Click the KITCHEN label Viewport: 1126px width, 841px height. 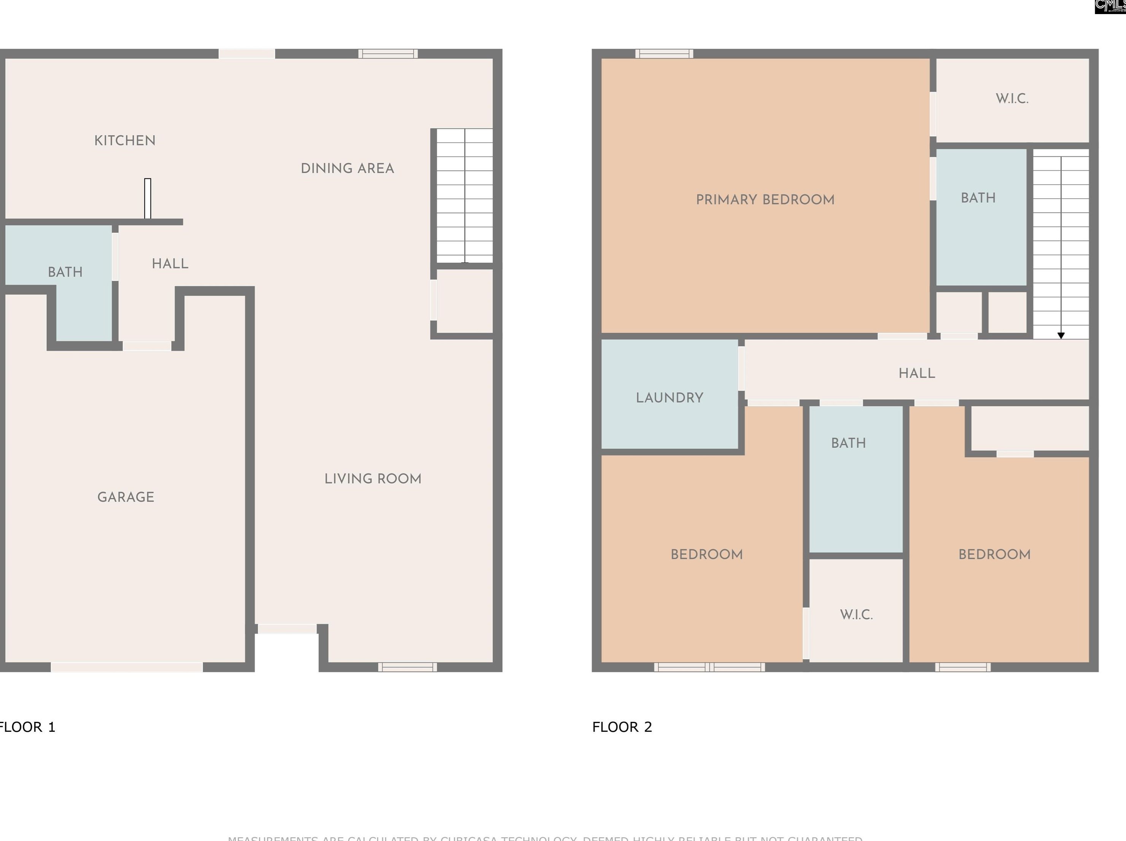pos(125,140)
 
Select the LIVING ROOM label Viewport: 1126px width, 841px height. pos(372,479)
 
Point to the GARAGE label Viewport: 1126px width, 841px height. pos(126,497)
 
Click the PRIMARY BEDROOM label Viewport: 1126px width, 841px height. pos(765,199)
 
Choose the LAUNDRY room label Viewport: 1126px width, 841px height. pos(669,398)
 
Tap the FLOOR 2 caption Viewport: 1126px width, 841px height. pos(622,726)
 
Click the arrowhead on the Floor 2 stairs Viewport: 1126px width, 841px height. pos(1061,336)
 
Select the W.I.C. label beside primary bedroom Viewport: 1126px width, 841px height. pos(1011,98)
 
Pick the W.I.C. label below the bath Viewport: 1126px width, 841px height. pos(856,615)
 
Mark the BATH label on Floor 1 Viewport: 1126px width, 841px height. pos(65,272)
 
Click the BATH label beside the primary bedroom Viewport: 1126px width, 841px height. pos(978,198)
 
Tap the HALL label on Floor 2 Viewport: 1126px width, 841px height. pos(916,373)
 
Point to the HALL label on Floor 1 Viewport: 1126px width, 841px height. pos(170,263)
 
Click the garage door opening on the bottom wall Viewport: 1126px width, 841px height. pos(127,667)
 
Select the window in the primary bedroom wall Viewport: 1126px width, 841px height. pos(664,53)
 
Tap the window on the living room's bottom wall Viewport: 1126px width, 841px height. pos(407,667)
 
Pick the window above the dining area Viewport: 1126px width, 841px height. pos(388,53)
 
